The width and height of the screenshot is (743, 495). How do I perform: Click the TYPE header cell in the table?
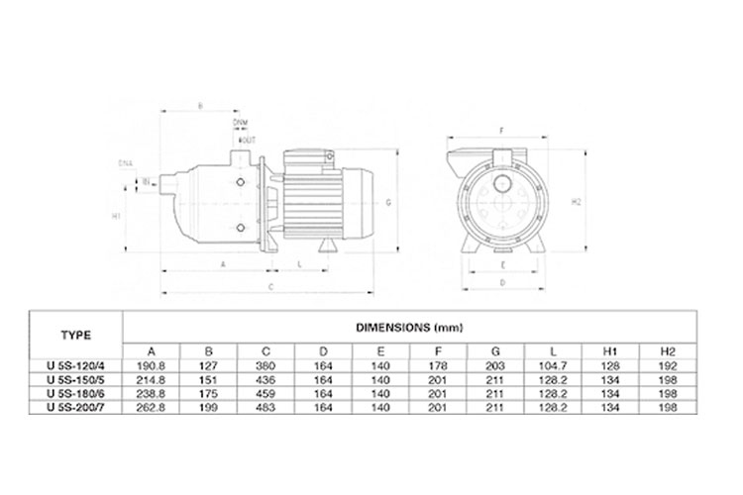(74, 335)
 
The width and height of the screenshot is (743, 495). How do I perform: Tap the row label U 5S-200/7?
(75, 406)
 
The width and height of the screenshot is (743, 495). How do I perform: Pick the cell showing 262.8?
(151, 406)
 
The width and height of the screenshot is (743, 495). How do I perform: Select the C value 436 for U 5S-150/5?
(266, 378)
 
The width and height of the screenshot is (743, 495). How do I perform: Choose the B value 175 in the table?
(209, 392)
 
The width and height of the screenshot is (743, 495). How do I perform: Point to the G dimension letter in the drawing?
(389, 200)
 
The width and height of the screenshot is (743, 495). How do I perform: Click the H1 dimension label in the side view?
(116, 215)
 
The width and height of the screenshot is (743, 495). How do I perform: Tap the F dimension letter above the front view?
(503, 130)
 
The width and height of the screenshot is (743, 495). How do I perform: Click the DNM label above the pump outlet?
(240, 121)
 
